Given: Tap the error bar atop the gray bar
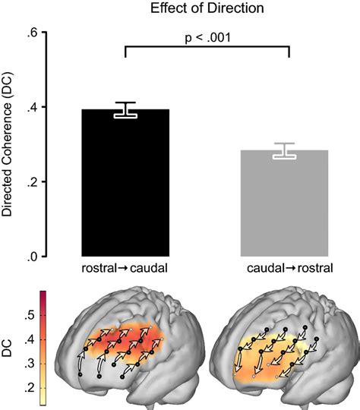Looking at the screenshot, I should click(x=285, y=150).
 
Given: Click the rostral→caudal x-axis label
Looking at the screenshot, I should click(x=125, y=268).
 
